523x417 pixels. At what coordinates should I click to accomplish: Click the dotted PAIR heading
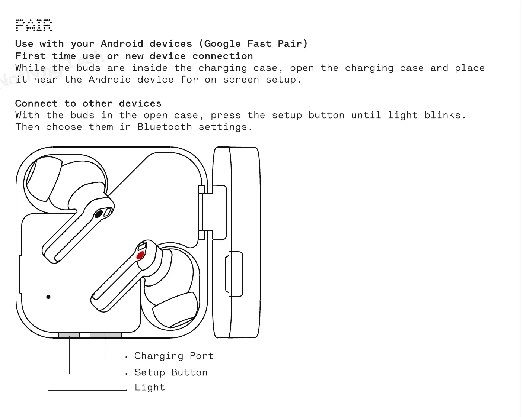tap(34, 25)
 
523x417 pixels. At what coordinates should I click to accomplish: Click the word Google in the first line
tap(222, 44)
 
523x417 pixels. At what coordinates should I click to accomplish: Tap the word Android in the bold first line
tap(122, 44)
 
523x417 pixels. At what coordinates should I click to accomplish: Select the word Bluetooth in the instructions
tap(165, 127)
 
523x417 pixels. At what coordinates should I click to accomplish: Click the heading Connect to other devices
tap(88, 103)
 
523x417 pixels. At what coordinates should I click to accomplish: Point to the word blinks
tap(445, 115)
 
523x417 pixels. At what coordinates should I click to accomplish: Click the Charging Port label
tap(174, 356)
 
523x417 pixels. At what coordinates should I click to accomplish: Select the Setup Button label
tap(171, 372)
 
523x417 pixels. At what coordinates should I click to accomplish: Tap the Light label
tap(150, 387)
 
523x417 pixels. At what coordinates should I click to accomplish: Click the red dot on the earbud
tap(140, 255)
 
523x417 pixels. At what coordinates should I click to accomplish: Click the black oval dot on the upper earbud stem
tap(99, 214)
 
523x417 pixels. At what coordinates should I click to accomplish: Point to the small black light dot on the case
tap(48, 297)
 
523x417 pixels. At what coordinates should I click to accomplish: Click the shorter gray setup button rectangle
tap(69, 335)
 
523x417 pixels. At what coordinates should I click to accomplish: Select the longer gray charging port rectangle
tap(106, 335)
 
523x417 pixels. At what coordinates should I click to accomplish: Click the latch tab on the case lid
tap(235, 274)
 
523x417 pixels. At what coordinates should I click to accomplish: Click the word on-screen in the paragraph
tap(232, 80)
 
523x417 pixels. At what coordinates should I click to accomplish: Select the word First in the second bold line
tap(31, 56)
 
